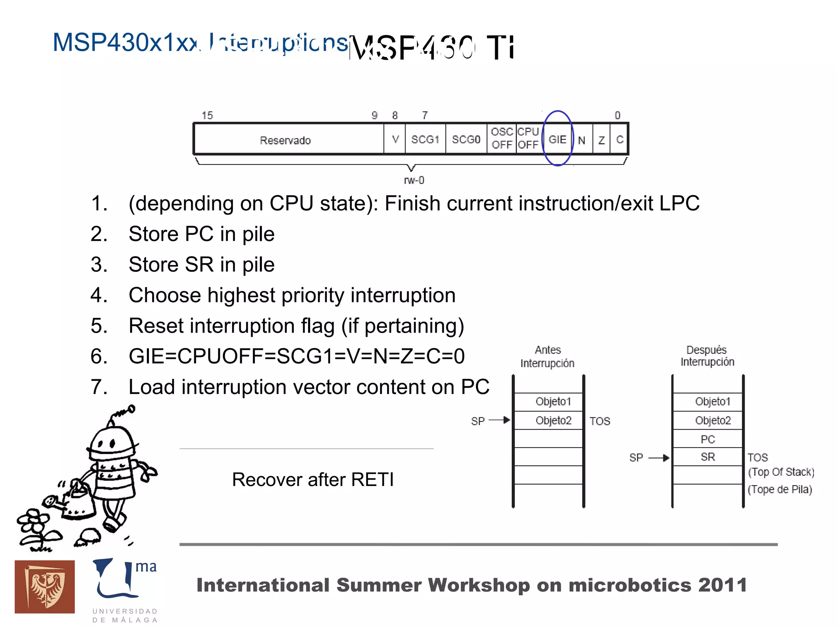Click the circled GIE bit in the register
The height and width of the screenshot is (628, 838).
click(557, 139)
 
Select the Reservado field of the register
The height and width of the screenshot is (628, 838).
click(285, 140)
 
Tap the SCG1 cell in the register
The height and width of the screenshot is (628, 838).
click(425, 140)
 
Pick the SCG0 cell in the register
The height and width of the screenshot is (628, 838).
click(466, 140)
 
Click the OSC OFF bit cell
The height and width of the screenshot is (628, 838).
click(502, 138)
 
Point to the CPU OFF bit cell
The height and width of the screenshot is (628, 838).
click(528, 138)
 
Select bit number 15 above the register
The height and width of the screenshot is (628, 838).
click(207, 116)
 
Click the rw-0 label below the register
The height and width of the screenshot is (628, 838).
click(414, 180)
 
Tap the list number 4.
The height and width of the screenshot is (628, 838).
click(99, 295)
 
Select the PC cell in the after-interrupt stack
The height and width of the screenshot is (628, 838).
click(707, 439)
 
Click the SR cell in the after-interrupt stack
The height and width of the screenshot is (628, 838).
click(707, 457)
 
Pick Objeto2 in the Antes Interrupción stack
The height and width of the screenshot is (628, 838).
click(553, 421)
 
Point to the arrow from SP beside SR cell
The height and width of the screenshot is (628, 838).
click(659, 458)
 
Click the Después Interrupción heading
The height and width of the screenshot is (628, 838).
click(707, 356)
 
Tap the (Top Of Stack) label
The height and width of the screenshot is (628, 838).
click(781, 472)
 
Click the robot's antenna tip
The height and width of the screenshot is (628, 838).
click(131, 408)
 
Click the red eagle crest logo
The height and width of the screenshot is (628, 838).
click(45, 587)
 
